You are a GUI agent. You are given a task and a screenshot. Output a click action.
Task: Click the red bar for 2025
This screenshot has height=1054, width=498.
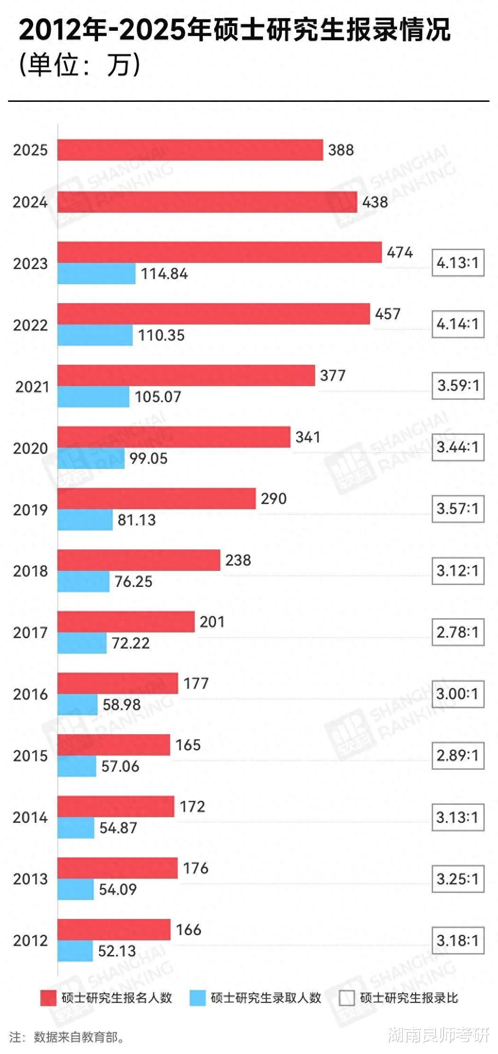click(x=190, y=150)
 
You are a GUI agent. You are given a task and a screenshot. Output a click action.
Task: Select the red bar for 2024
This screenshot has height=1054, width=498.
click(x=207, y=202)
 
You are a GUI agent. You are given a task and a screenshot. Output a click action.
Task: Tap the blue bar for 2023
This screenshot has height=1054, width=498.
click(x=97, y=274)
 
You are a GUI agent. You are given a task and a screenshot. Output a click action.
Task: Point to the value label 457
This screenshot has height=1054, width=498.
click(x=388, y=314)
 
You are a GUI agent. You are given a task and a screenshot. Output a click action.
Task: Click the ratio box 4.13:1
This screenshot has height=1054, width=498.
click(x=458, y=263)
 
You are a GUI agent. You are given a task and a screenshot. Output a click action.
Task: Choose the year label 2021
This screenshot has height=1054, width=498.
click(x=32, y=387)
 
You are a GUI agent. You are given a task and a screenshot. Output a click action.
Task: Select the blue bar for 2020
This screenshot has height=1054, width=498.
click(x=91, y=459)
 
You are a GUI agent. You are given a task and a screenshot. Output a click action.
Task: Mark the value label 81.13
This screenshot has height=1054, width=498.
click(x=136, y=520)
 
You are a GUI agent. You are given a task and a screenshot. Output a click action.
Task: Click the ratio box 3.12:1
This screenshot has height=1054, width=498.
click(x=458, y=571)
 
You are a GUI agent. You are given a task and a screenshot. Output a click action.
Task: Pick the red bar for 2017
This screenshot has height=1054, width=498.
click(x=126, y=622)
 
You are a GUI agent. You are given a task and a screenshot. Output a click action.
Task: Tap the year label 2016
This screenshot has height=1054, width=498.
click(x=30, y=694)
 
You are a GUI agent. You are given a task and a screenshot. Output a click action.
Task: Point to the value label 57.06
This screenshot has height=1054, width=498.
click(x=120, y=766)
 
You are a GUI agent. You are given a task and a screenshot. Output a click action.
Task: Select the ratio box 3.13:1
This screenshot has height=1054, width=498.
click(x=458, y=817)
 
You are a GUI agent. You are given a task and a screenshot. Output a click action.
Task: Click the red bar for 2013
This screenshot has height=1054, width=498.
click(x=118, y=868)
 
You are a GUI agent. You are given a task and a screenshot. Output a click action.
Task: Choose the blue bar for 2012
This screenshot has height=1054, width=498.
click(x=75, y=951)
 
